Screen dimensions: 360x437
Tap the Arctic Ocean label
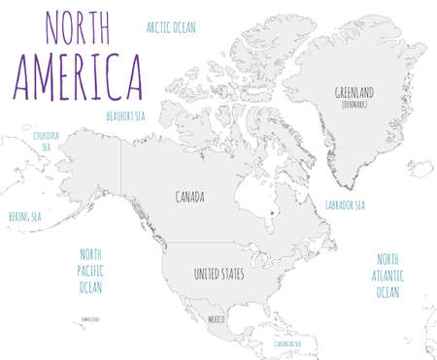[x=171, y=27]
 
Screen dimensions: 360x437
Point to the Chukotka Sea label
[x=47, y=140]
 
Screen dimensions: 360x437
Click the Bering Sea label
[x=24, y=216]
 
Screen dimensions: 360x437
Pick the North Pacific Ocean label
[x=90, y=270]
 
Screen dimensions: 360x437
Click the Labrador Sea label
[x=345, y=206]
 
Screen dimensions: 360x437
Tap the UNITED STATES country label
[x=218, y=275]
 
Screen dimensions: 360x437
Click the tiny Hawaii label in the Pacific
[x=91, y=317]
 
